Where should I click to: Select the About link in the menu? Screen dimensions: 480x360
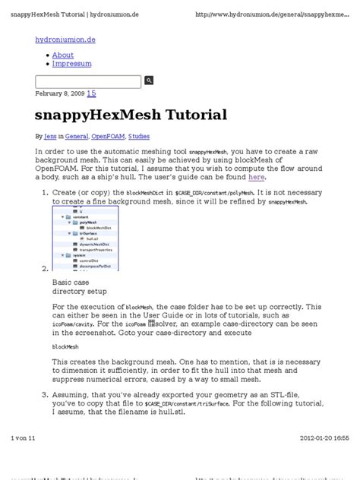[x=63, y=55]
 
